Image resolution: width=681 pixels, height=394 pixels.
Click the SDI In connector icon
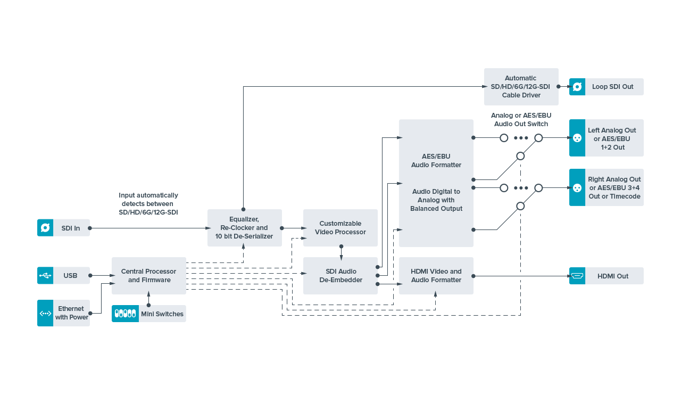tap(45, 227)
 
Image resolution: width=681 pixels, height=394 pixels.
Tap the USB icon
tap(45, 275)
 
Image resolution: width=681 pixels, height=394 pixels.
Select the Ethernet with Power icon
tap(45, 313)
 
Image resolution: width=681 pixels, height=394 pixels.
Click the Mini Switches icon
tap(125, 314)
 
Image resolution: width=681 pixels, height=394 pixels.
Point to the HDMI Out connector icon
tap(577, 276)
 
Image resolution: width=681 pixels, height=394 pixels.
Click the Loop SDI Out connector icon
tap(577, 87)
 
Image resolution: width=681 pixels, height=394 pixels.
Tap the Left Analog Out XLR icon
tap(577, 138)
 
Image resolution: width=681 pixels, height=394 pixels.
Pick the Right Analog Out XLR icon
tap(577, 187)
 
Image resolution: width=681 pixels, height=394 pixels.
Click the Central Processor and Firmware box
tap(149, 276)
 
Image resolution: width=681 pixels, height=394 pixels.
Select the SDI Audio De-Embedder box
tap(340, 276)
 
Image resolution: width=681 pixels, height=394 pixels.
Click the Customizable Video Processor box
tap(340, 228)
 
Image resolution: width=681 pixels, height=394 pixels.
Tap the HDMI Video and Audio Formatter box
tap(436, 276)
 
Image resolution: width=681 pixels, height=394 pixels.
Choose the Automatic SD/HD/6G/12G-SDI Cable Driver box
tap(521, 87)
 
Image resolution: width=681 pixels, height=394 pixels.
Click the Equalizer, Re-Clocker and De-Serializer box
tap(245, 228)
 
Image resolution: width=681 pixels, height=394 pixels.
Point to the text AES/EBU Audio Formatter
tap(436, 161)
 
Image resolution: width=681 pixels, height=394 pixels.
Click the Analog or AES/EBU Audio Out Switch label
tap(521, 120)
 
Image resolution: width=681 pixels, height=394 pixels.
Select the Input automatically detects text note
tap(148, 204)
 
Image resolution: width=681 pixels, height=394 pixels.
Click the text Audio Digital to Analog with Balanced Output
tap(436, 200)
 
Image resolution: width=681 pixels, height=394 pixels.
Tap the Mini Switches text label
tap(162, 314)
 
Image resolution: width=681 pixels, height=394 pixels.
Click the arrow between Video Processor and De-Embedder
tap(341, 253)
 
